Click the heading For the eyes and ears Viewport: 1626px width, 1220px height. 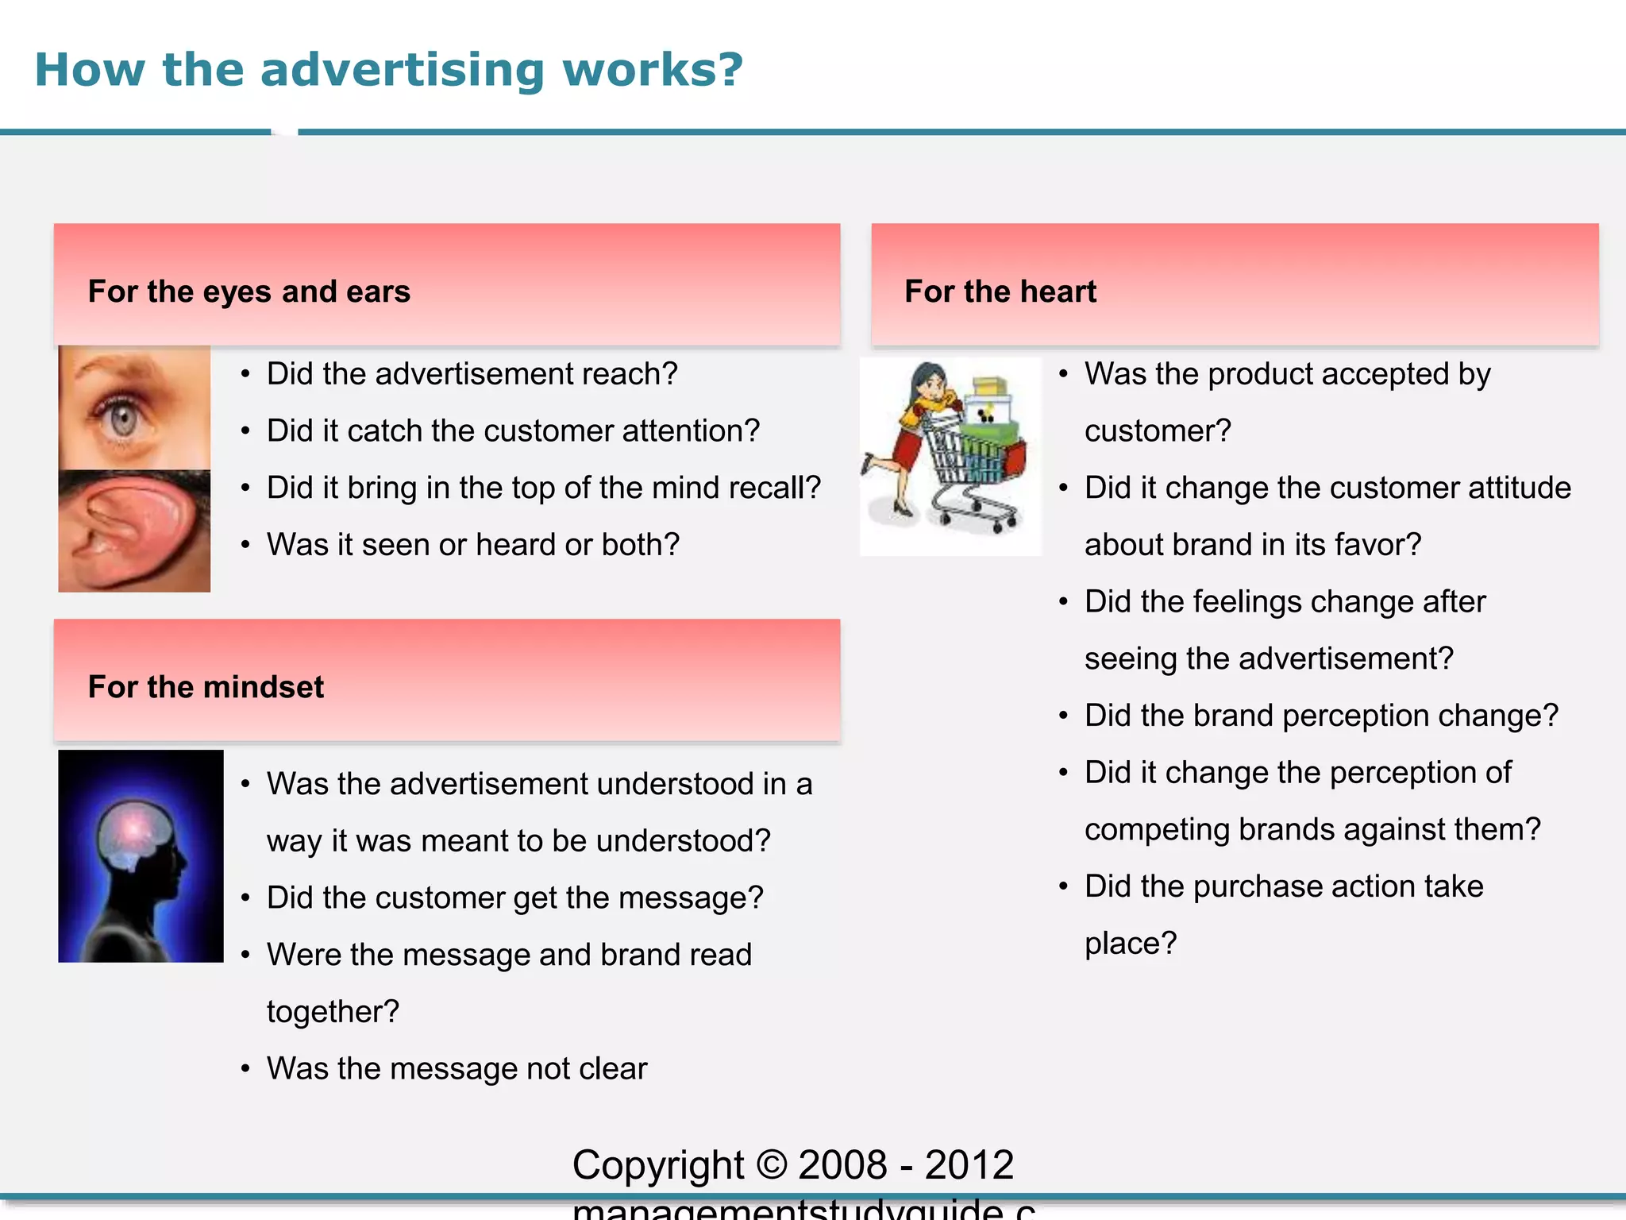[249, 291]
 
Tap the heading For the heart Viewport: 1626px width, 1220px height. [1000, 291]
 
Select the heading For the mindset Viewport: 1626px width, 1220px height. [206, 687]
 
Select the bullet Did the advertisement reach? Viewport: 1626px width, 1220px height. [472, 374]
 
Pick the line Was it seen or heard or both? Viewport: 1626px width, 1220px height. [472, 545]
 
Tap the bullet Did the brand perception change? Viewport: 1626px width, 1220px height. [1321, 716]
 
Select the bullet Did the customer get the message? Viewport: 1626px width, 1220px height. [514, 898]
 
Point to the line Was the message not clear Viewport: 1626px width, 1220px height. [457, 1069]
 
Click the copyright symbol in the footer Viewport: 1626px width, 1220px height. [771, 1165]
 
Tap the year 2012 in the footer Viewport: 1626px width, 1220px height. [969, 1165]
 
